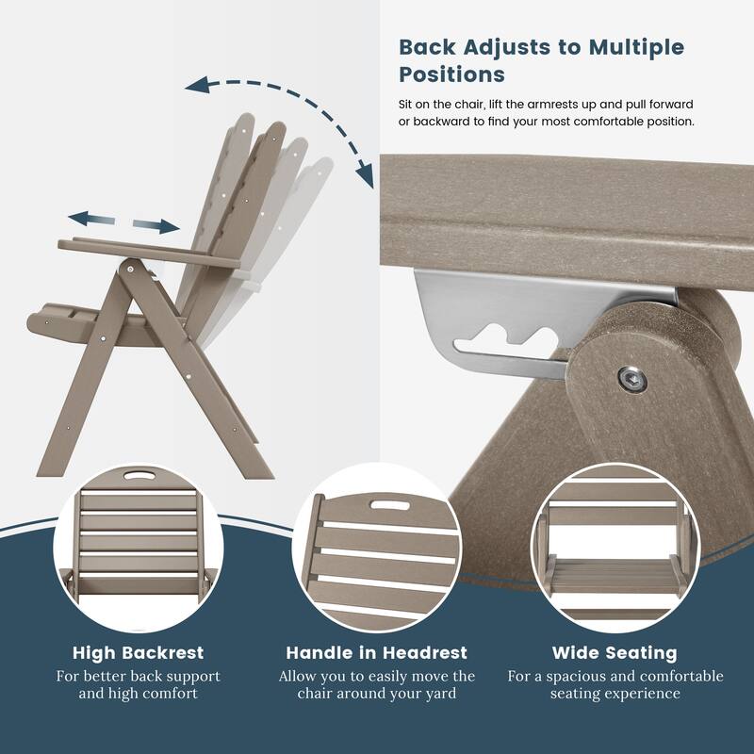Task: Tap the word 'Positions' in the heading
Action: tap(451, 74)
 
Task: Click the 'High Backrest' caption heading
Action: tap(139, 652)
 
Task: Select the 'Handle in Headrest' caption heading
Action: tap(377, 652)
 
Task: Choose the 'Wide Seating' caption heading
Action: tap(615, 652)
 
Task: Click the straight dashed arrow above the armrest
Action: tap(123, 221)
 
